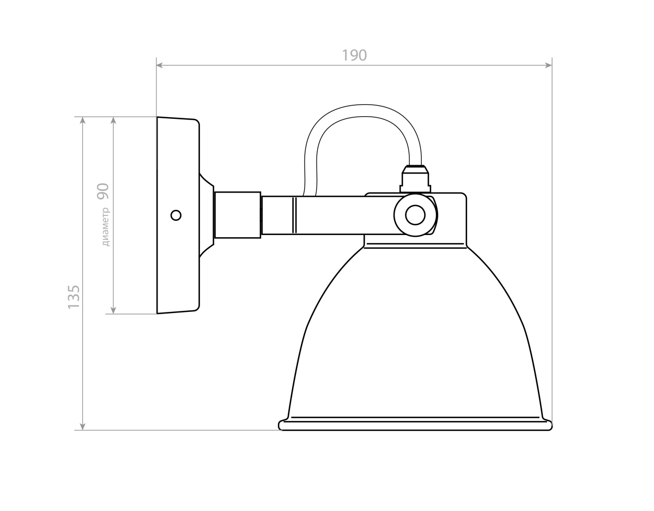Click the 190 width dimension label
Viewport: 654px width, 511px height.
354,55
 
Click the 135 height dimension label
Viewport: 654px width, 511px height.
74,297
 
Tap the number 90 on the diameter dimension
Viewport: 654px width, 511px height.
102,191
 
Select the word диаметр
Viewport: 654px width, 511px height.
106,227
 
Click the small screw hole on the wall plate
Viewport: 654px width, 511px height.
176,215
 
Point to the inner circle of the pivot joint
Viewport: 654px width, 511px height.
415,215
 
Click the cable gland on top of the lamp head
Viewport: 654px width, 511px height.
415,179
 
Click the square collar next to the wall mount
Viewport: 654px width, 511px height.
238,215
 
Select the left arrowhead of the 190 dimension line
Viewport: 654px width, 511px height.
160,65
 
